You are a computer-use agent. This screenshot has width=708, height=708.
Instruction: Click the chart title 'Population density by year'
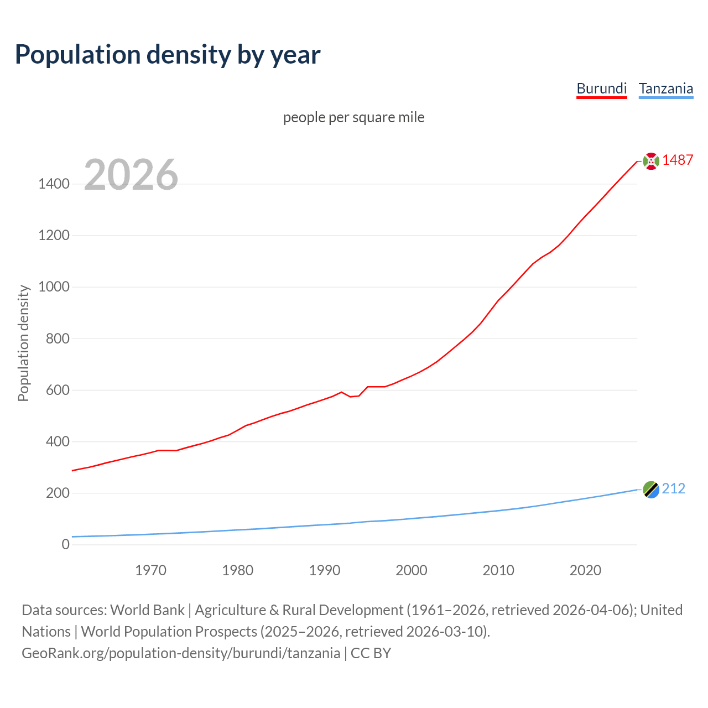(x=168, y=55)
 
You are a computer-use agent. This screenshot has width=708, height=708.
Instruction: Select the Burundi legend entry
(x=601, y=88)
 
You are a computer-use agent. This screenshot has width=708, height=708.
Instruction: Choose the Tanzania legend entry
(x=665, y=88)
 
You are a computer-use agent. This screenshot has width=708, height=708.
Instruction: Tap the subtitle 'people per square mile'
(x=353, y=117)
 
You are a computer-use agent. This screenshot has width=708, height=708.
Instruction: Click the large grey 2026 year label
(x=131, y=175)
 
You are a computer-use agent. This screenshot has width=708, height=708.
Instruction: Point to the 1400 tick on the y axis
(x=54, y=184)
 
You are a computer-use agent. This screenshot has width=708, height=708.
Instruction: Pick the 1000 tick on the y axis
(x=54, y=287)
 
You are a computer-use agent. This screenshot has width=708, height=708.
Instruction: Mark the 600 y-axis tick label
(x=58, y=390)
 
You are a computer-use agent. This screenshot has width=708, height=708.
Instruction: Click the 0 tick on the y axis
(x=66, y=544)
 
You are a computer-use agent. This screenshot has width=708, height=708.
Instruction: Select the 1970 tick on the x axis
(x=150, y=570)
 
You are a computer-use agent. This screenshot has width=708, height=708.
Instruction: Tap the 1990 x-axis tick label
(x=325, y=570)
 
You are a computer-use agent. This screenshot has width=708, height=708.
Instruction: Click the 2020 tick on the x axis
(x=585, y=570)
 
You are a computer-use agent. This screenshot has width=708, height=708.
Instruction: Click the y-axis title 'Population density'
(x=23, y=343)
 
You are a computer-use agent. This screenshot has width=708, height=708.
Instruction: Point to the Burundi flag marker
(x=651, y=161)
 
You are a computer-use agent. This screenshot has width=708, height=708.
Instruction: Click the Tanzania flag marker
(x=651, y=490)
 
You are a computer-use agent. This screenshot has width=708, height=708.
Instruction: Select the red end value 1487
(x=678, y=160)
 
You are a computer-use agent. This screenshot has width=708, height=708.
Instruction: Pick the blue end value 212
(x=673, y=489)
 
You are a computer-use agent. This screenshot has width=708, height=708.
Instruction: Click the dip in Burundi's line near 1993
(x=350, y=397)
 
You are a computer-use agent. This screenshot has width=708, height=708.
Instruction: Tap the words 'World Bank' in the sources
(x=147, y=610)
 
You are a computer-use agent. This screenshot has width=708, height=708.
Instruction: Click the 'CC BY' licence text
(x=371, y=653)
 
